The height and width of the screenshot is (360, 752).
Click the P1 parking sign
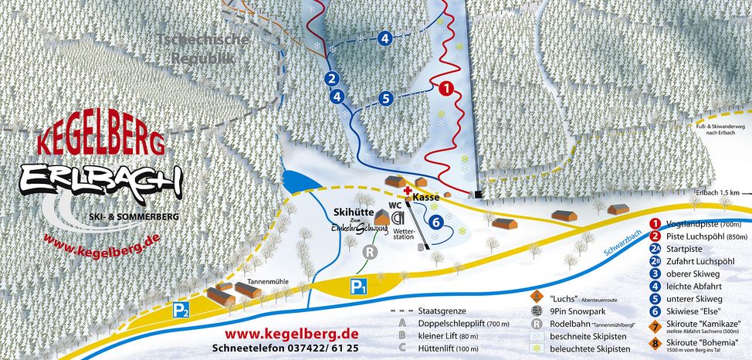[x=359, y=287]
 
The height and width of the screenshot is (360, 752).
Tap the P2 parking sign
[x=181, y=311]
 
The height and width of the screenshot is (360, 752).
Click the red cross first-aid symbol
[x=408, y=188]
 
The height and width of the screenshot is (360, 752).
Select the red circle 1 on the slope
[x=445, y=88]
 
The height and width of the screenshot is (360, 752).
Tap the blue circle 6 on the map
[x=437, y=222]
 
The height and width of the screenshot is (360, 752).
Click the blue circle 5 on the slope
[x=386, y=98]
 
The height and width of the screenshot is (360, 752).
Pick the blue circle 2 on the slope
[x=331, y=78]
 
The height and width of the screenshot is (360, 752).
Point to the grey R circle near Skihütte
[x=371, y=252]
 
